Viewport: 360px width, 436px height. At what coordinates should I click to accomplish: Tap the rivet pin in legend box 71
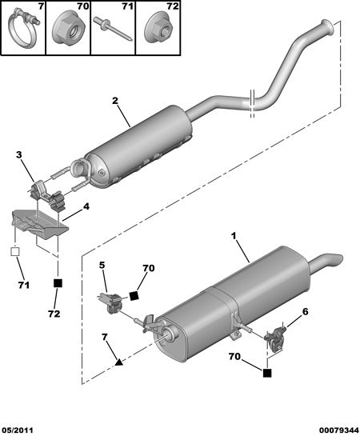click(113, 29)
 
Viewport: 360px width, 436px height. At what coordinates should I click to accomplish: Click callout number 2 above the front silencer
click(115, 100)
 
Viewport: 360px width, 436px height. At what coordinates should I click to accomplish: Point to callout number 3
click(18, 154)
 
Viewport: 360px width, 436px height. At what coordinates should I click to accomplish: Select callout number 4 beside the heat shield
click(86, 206)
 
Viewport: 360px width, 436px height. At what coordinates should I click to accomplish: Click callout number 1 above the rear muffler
click(234, 236)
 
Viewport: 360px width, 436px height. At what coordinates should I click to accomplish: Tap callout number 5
click(102, 265)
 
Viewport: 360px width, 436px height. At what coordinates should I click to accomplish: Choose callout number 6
click(306, 312)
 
